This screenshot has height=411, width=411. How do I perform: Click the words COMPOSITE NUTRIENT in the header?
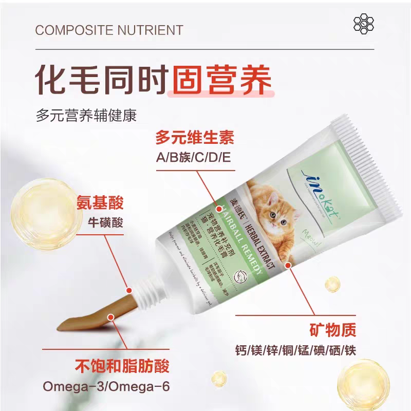point(109,30)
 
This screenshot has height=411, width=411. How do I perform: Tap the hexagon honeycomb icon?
point(364,23)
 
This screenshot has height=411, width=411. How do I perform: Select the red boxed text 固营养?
point(220,78)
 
